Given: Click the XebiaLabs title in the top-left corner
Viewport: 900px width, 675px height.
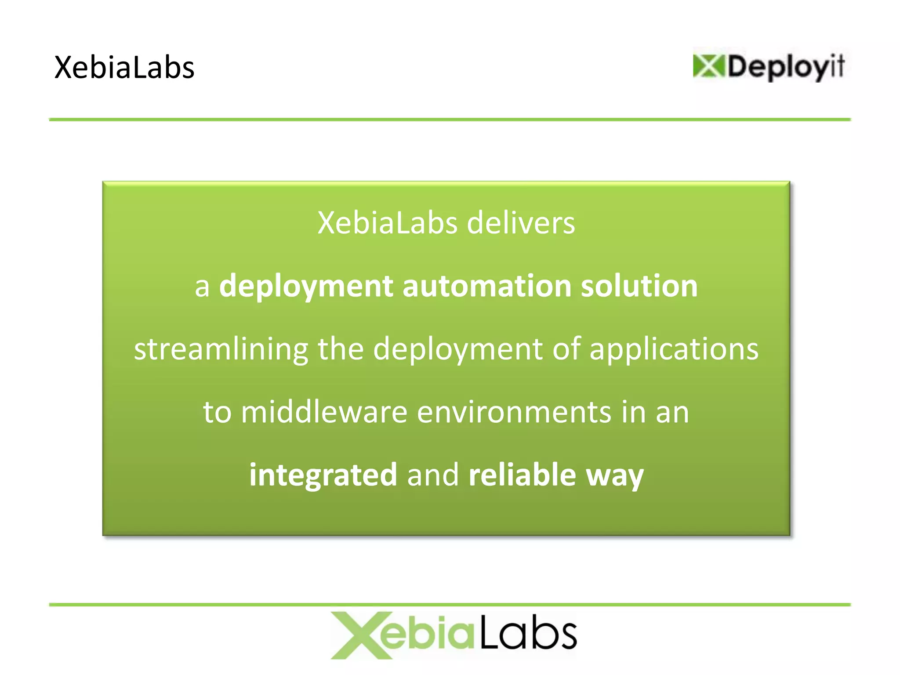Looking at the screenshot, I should (124, 68).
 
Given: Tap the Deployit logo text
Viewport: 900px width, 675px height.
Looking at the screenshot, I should (786, 67).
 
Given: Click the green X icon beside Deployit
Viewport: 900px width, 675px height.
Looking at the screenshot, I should (708, 66).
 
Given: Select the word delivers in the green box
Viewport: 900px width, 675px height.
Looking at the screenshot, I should (521, 223).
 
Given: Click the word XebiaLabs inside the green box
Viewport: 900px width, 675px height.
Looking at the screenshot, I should (387, 223).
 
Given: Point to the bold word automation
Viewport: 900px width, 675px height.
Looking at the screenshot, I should (487, 286).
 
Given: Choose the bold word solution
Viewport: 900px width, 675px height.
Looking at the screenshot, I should (639, 286).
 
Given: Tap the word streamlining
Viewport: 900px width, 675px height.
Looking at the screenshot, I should (221, 349).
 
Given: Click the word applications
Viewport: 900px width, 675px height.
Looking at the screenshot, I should (674, 349).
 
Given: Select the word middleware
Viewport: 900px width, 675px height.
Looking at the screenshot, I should (324, 412).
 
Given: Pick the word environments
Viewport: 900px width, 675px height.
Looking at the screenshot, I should (514, 412).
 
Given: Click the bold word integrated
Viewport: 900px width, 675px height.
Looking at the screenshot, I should (323, 475).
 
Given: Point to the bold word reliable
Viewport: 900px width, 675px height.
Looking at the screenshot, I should (522, 475).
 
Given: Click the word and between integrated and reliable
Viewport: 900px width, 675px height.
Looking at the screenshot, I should (433, 475).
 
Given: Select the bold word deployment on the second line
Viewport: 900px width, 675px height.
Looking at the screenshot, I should (306, 287).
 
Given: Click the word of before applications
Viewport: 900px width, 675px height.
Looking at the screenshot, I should (567, 349).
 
